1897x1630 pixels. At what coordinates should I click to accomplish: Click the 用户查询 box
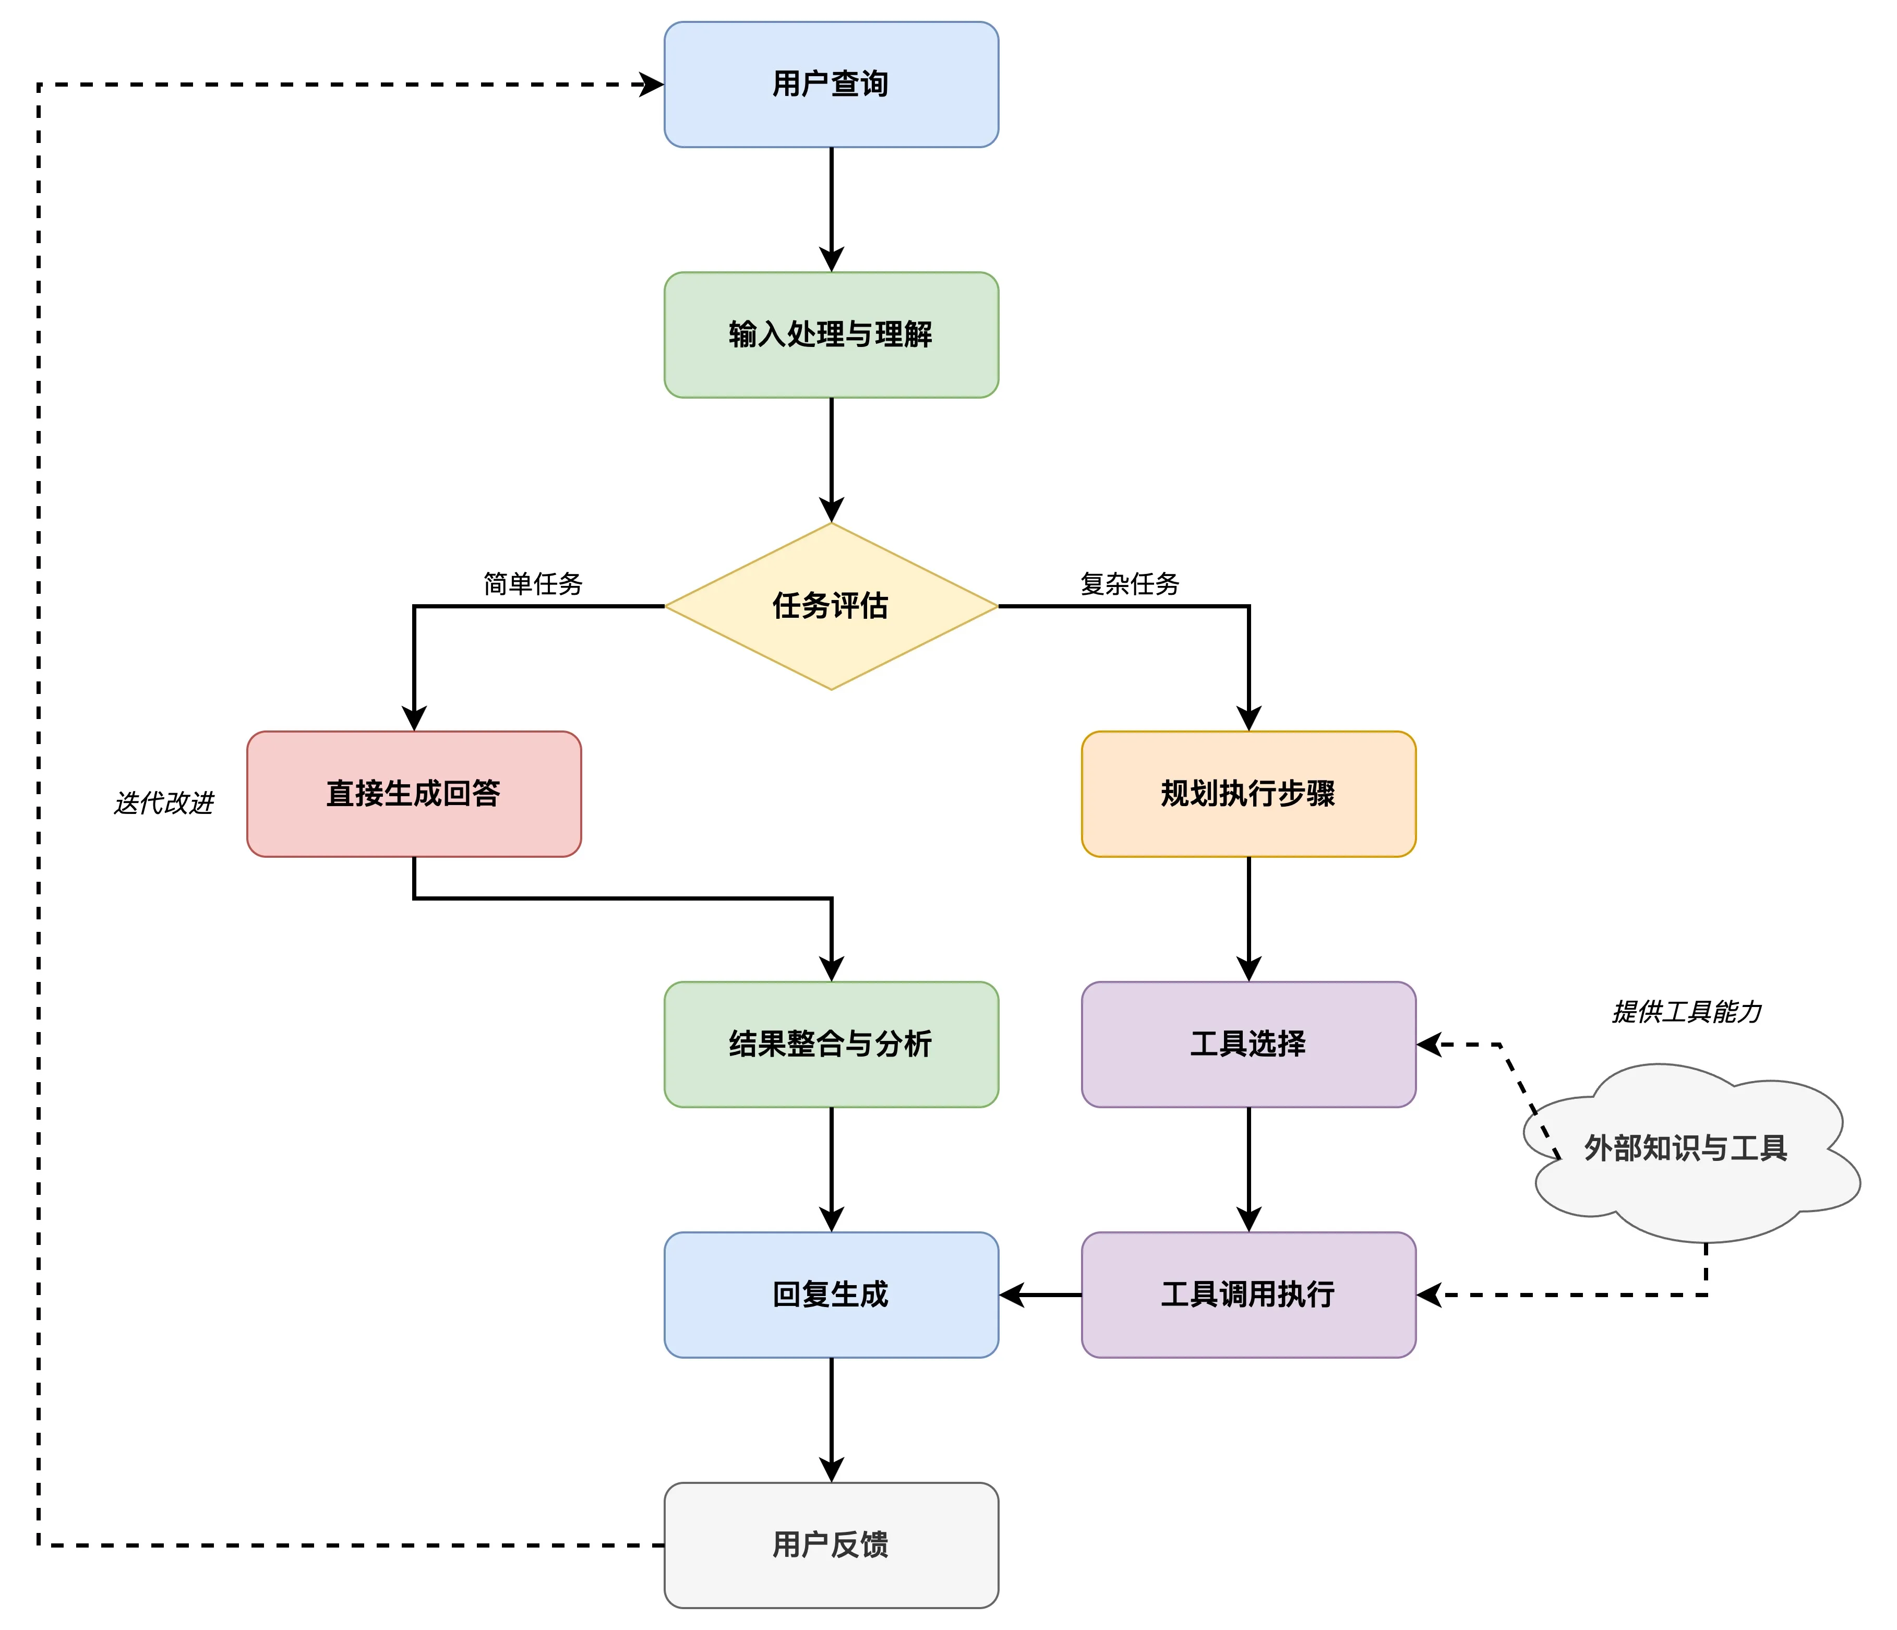[831, 84]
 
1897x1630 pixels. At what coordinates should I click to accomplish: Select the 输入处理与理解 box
[831, 334]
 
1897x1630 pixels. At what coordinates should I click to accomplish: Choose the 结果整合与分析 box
[831, 1044]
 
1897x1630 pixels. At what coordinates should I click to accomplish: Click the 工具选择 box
[1248, 1044]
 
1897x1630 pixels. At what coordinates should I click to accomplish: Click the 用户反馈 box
[831, 1545]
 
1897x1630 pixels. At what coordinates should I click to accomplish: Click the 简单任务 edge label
[533, 583]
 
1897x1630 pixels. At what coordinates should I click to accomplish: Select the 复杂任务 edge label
[1130, 583]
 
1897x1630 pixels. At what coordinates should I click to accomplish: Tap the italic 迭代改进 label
[163, 803]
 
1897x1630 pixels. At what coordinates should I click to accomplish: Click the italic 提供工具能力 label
[1686, 1012]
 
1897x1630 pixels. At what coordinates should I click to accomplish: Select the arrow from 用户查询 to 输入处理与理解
[831, 209]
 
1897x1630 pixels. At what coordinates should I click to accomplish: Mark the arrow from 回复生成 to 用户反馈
[831, 1419]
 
